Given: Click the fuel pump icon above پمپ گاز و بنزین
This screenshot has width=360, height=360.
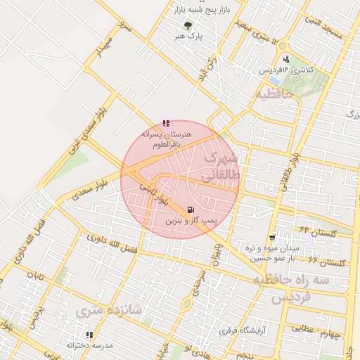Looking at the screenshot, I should click(191, 209).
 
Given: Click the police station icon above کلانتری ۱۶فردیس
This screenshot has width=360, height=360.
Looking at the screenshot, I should click(286, 60).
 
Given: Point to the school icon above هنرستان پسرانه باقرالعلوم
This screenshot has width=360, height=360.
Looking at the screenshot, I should click(165, 123).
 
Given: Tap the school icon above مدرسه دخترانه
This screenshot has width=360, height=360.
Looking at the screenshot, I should click(89, 335).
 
